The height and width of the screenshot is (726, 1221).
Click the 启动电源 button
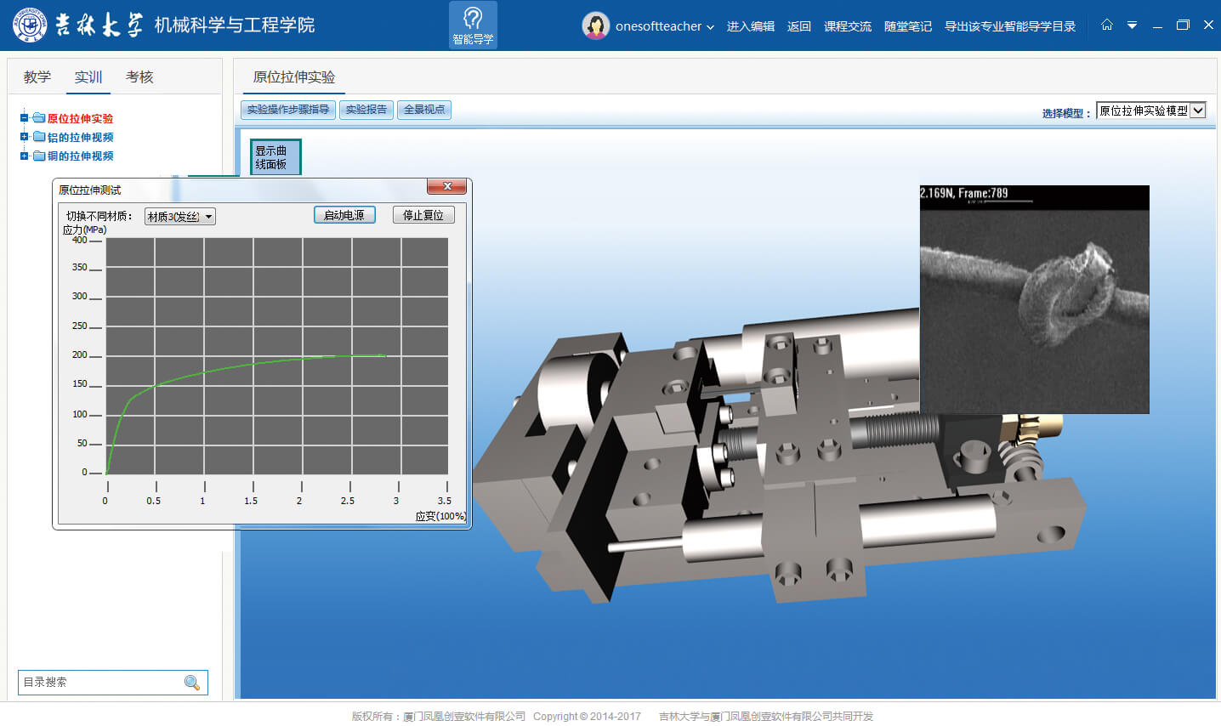click(x=344, y=215)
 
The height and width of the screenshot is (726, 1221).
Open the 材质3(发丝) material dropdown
click(x=180, y=217)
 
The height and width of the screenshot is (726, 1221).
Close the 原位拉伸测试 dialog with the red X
click(x=447, y=186)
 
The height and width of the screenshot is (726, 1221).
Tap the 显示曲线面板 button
click(x=275, y=157)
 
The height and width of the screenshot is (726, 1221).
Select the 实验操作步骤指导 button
click(x=287, y=110)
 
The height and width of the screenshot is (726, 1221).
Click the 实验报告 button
click(x=366, y=110)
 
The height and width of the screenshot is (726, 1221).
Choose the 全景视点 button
click(x=424, y=110)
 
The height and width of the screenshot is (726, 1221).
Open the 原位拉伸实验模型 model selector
click(x=1150, y=111)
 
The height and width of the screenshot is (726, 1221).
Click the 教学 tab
click(x=37, y=77)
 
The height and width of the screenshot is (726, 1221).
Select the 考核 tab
click(x=139, y=77)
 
